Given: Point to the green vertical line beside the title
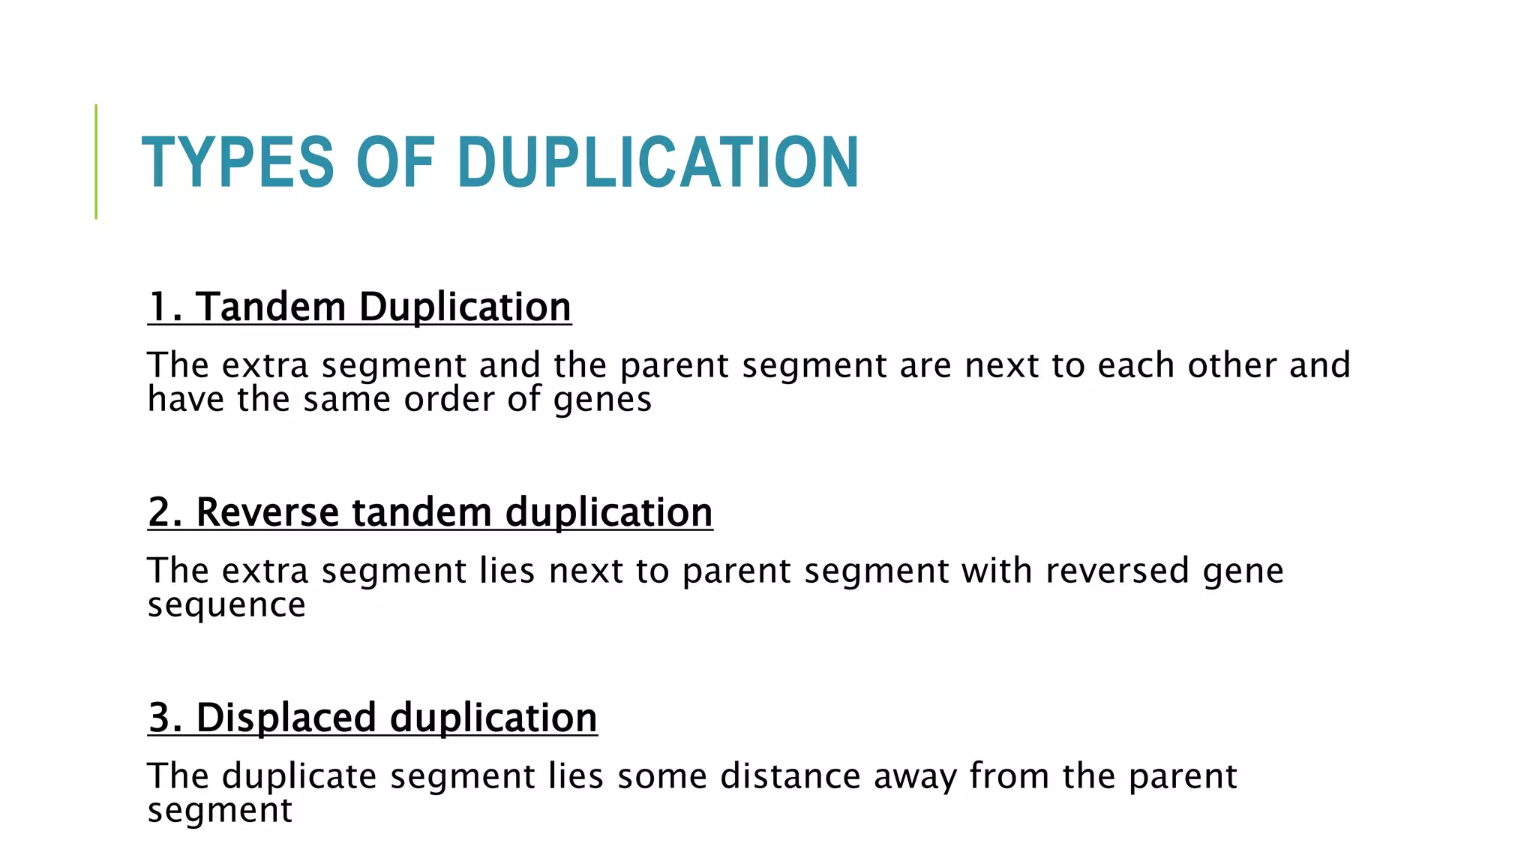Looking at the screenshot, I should coord(96,161).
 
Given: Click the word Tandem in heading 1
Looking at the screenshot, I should coord(271,307).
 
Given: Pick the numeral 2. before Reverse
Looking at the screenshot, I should coord(165,513).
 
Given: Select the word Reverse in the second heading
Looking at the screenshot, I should coord(268,513).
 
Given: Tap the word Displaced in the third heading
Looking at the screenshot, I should coord(286,718).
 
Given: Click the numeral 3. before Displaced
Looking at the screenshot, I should coord(165,718).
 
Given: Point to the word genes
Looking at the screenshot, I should coord(602,400).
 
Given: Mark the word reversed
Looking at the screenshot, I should coord(1117,571).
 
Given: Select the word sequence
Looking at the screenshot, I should coord(226,606).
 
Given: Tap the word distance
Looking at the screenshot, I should coord(790,776).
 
